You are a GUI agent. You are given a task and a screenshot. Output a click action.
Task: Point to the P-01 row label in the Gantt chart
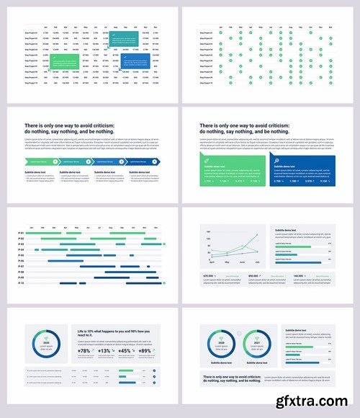tap(21, 234)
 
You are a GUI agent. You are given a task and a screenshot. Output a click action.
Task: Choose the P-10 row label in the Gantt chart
tap(21, 283)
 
